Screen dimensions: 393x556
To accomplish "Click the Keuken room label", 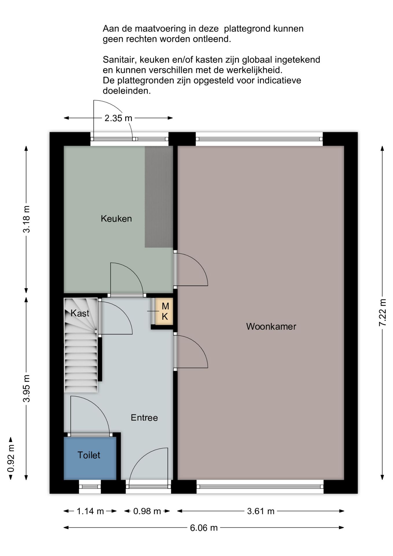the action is (x=116, y=218).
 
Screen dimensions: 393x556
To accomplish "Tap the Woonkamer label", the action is (x=271, y=326).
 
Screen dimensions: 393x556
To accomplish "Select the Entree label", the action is (x=144, y=417).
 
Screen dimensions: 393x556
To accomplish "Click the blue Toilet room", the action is (x=90, y=458).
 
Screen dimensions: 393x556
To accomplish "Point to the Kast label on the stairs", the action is (x=80, y=313).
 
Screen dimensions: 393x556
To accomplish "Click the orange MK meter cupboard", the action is (x=164, y=311).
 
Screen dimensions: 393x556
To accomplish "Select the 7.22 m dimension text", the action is (x=383, y=313).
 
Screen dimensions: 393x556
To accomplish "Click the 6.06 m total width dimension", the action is (x=204, y=528).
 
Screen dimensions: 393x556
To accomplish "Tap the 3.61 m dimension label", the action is (x=260, y=511).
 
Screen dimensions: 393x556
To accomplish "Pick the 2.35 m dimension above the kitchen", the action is (x=118, y=118).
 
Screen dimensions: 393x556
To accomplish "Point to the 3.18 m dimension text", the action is (x=26, y=219).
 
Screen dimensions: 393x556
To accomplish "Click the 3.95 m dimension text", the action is (x=26, y=389).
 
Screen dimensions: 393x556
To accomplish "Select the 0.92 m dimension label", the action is (x=11, y=458).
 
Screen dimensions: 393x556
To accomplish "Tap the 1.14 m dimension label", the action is (x=90, y=511).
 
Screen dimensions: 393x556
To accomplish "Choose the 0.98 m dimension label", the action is (x=147, y=511).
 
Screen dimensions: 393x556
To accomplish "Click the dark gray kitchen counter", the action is (x=159, y=197).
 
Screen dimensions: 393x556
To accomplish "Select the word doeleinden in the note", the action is (x=127, y=91).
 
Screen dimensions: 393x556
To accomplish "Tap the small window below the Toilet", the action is (x=90, y=487).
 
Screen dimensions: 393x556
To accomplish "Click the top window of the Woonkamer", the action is (x=259, y=139).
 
